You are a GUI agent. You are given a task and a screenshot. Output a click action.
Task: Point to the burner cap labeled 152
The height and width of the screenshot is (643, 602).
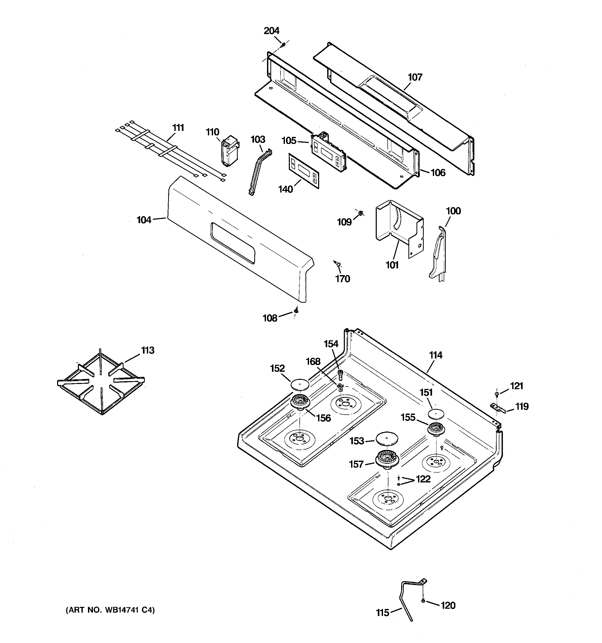point(300,384)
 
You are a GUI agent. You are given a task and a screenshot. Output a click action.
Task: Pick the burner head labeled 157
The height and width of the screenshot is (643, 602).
point(387,459)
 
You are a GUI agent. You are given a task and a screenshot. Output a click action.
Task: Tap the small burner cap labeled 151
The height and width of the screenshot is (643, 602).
point(436,414)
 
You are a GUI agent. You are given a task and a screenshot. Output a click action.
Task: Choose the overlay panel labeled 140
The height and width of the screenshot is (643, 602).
point(304,171)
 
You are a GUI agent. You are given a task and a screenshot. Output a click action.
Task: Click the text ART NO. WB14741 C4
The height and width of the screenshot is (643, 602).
point(110,610)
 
